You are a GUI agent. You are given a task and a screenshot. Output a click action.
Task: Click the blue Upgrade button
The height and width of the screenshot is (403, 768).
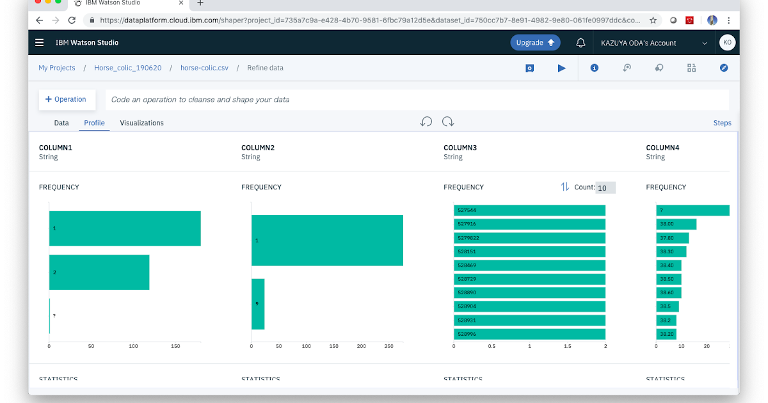535,43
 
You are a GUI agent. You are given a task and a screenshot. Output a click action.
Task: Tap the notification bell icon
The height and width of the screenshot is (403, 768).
580,43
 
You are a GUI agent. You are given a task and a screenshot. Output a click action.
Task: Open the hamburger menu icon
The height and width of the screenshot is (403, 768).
40,43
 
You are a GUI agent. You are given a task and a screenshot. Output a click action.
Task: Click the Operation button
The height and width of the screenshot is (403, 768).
67,99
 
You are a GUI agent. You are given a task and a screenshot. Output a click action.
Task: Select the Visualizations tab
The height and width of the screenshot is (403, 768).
141,123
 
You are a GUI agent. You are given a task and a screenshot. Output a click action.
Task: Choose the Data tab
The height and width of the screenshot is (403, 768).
61,123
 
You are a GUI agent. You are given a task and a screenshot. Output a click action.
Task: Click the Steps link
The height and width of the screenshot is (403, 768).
722,123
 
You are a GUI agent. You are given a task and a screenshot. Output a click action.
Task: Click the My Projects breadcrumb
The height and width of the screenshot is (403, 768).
57,68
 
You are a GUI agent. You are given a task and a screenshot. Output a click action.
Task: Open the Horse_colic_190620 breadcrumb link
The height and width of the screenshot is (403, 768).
128,68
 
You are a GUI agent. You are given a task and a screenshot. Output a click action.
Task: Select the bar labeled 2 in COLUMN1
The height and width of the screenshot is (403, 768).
99,273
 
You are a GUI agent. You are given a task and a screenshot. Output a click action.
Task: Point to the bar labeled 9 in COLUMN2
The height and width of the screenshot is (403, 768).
258,304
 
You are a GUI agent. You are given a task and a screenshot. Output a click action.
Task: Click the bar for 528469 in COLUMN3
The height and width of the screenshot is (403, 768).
529,265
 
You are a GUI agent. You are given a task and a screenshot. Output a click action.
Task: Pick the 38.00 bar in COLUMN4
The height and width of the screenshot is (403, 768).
676,224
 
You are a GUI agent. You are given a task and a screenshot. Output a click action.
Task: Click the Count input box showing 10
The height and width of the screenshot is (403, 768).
605,187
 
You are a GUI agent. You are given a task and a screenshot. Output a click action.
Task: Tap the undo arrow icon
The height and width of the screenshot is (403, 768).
426,122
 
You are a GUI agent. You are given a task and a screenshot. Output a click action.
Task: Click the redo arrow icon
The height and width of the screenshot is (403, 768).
448,122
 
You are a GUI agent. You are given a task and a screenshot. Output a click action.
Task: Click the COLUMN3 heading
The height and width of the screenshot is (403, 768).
460,148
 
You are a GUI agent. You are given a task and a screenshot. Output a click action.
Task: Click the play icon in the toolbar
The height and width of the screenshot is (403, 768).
562,68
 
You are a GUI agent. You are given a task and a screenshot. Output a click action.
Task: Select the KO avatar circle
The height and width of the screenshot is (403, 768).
727,43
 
